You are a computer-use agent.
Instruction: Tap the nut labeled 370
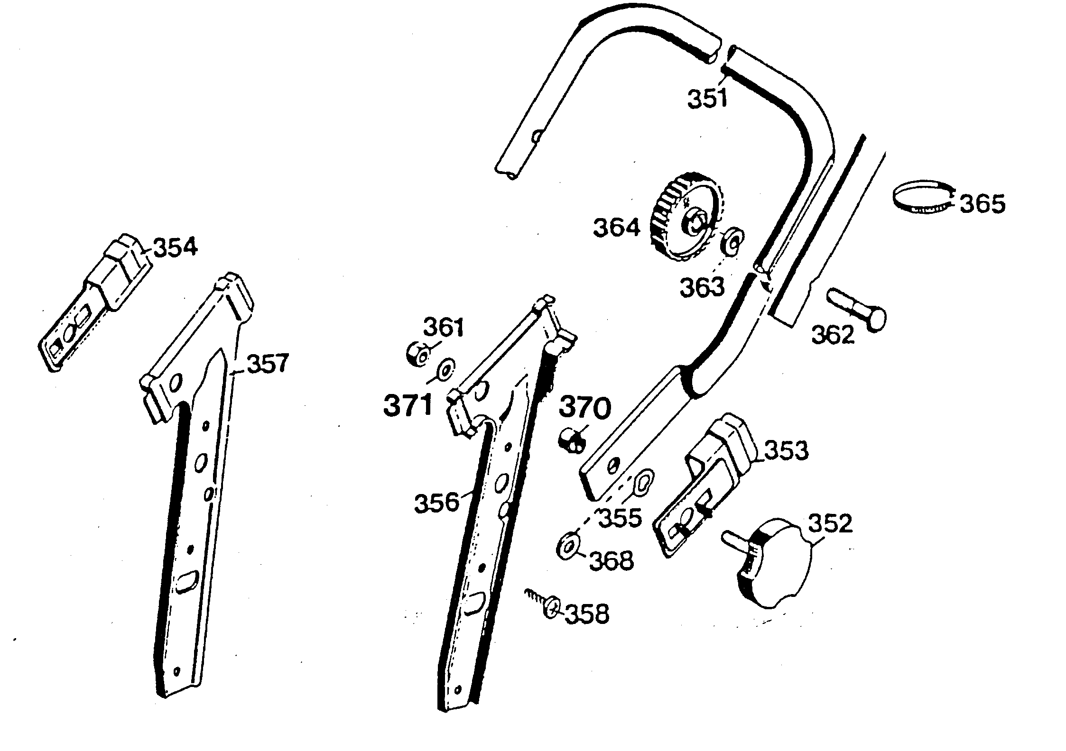[x=571, y=440]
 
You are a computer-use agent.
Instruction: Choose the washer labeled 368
[x=567, y=547]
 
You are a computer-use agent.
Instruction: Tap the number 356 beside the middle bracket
[x=436, y=503]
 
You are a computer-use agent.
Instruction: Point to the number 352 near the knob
[x=830, y=524]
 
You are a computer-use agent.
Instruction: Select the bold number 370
[x=585, y=408]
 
